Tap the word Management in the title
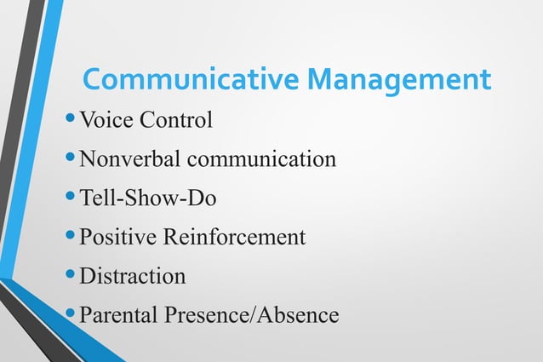[399, 82]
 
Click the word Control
[175, 120]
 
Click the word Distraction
[132, 277]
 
